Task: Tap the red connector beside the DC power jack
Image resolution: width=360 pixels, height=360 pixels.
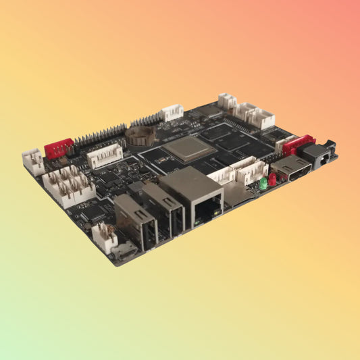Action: point(298,144)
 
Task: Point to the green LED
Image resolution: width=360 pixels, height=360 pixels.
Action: point(263,182)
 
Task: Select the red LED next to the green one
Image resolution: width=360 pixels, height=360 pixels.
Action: point(272,179)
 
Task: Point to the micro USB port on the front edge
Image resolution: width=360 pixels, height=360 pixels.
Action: point(124,253)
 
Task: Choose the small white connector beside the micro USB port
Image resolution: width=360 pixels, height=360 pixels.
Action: point(103,237)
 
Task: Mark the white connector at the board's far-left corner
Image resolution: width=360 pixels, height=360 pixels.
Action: point(33,161)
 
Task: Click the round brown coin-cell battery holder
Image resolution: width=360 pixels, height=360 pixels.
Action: point(140,136)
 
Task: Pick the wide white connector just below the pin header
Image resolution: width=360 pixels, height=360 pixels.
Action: point(105,156)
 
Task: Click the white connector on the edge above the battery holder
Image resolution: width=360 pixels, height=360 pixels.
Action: point(172,112)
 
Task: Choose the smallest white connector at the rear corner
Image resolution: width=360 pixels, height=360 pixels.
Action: point(227,101)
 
